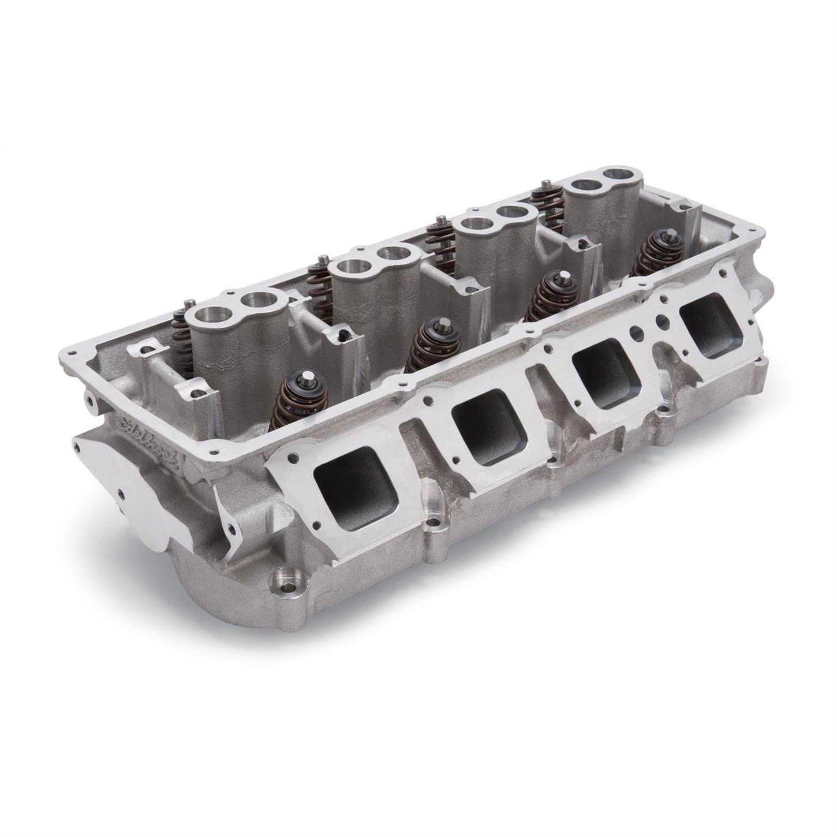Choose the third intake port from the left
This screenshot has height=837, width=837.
[604, 368]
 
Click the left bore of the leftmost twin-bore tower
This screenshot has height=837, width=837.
[207, 316]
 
